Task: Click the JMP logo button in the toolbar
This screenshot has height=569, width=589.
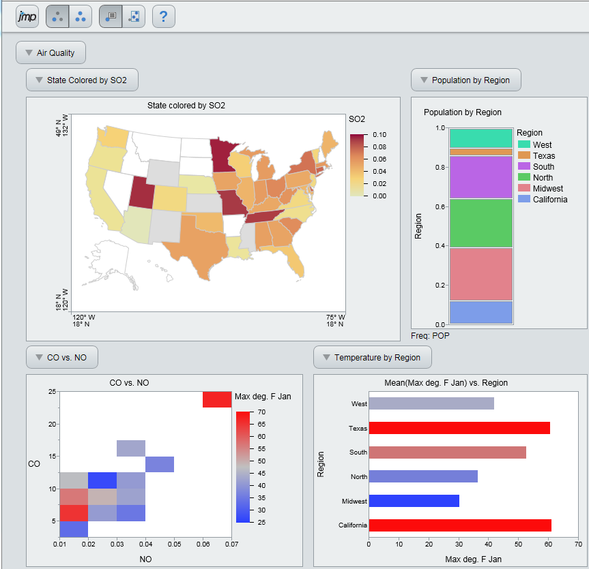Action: click(28, 16)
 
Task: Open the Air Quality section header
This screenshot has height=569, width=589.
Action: click(51, 52)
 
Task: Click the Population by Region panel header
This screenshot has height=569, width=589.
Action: click(465, 80)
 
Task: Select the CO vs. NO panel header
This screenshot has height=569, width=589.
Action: click(61, 357)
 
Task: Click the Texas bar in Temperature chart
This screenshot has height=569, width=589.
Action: click(459, 428)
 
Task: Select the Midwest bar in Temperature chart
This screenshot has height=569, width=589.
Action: click(414, 501)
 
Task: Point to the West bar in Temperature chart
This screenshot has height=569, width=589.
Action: click(431, 403)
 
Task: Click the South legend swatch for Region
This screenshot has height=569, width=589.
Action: click(524, 167)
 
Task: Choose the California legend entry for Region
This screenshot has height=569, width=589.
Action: click(543, 200)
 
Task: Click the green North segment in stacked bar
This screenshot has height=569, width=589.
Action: click(480, 223)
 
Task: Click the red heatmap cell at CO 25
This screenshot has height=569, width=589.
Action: click(216, 400)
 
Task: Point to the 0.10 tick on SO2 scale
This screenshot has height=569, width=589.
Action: click(379, 134)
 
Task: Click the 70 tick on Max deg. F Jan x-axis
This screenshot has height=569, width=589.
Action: click(577, 544)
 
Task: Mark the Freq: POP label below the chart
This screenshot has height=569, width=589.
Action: click(430, 335)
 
